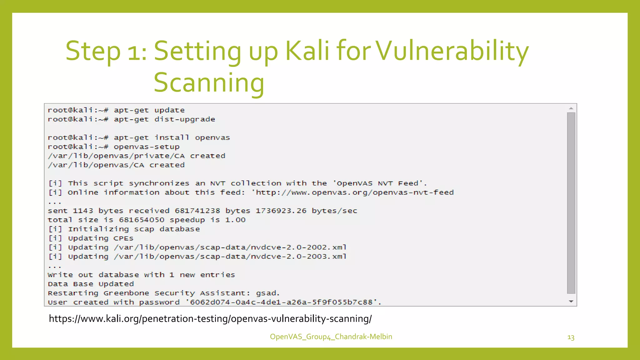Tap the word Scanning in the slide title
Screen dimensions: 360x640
click(x=209, y=82)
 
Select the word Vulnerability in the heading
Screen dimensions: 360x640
click(x=452, y=51)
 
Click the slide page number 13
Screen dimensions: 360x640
click(x=571, y=337)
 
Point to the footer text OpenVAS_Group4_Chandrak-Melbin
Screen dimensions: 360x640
click(x=331, y=337)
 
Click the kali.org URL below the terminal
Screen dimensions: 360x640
click(x=210, y=319)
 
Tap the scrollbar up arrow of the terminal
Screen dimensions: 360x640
click(x=571, y=108)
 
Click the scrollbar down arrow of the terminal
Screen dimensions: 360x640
click(x=571, y=302)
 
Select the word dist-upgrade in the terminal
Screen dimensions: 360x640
click(x=185, y=119)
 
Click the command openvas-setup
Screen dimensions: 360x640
click(x=147, y=147)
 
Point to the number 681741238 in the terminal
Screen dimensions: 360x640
click(x=197, y=211)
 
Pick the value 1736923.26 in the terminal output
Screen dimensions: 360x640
click(x=281, y=211)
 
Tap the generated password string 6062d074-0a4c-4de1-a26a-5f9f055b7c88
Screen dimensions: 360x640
click(x=281, y=302)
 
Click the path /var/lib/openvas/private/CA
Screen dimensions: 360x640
click(x=116, y=156)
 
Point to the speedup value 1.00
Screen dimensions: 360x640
click(x=235, y=220)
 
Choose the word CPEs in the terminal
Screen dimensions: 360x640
click(x=123, y=238)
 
